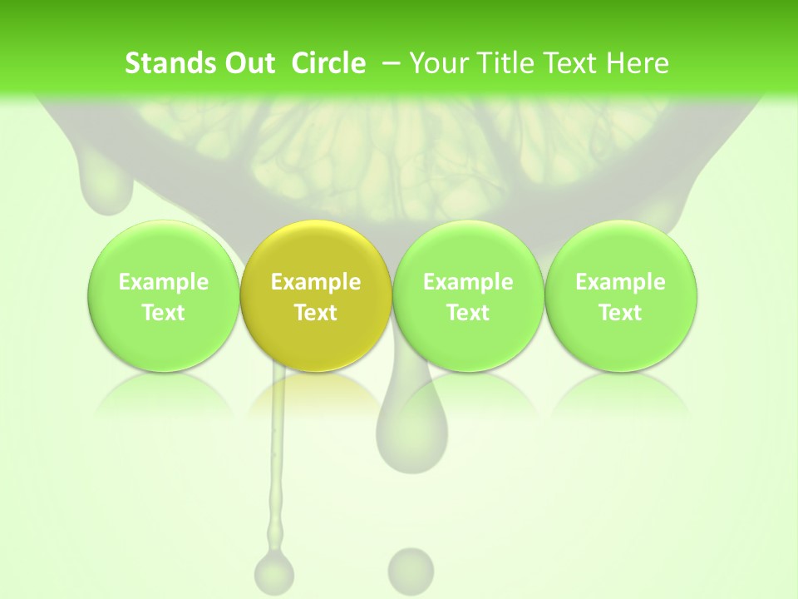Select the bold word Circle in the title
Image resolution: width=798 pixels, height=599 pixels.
click(x=328, y=63)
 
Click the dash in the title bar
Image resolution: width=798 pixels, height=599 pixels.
click(x=388, y=63)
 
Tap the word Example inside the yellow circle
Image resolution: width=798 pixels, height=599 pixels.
click(x=316, y=282)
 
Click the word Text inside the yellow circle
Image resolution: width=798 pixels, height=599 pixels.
click(x=316, y=313)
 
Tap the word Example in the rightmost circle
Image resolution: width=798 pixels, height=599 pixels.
click(x=620, y=282)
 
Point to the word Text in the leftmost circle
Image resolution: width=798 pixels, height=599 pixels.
click(x=163, y=313)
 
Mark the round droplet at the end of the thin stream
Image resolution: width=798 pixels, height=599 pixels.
click(x=274, y=572)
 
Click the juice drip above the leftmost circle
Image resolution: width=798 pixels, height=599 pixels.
click(x=106, y=187)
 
